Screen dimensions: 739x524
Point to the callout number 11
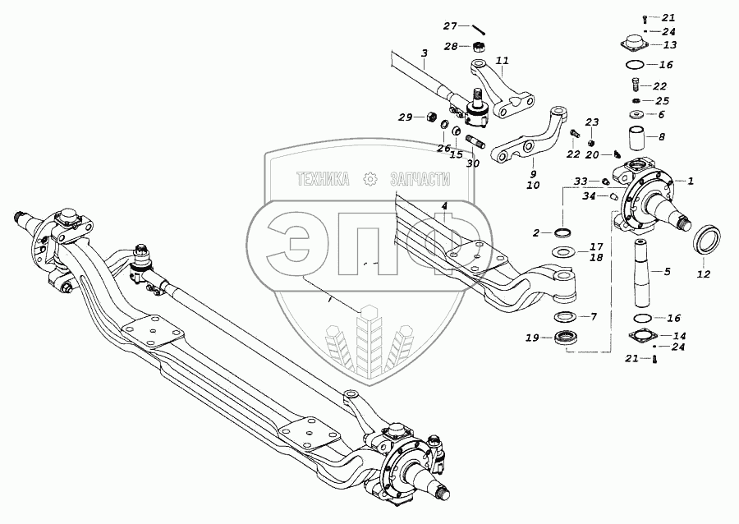[x=503, y=61]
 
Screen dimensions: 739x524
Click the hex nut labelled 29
[x=429, y=117]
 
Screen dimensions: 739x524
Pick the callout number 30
[x=472, y=163]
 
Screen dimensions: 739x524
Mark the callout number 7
[x=594, y=316]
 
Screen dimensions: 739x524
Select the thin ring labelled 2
[x=562, y=233]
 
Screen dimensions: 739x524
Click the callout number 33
[x=580, y=181]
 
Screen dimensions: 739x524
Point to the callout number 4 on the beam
[x=443, y=205]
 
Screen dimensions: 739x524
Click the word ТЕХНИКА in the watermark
[x=323, y=178]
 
